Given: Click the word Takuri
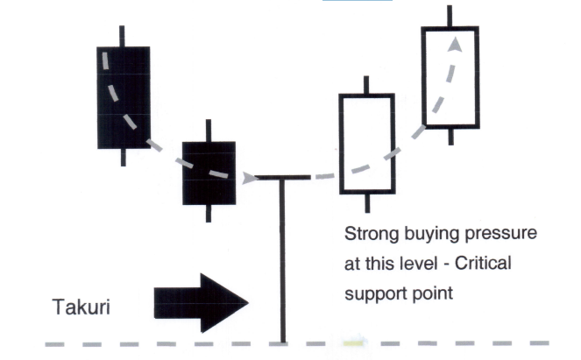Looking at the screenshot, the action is pyautogui.click(x=81, y=307).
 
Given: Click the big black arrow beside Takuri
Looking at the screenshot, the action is pyautogui.click(x=201, y=303).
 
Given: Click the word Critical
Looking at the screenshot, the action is pyautogui.click(x=483, y=264).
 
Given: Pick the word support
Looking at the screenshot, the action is pyautogui.click(x=375, y=294).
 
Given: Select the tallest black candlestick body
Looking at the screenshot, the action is pyautogui.click(x=124, y=98).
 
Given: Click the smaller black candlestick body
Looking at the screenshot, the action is pyautogui.click(x=209, y=173).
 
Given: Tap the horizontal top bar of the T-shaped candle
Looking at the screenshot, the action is pyautogui.click(x=283, y=178).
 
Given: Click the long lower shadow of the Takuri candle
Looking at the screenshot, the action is pyautogui.click(x=283, y=261).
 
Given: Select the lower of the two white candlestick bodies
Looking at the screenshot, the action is pyautogui.click(x=367, y=144).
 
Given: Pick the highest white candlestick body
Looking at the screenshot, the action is pyautogui.click(x=450, y=77).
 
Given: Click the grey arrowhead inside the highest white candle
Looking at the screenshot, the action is pyautogui.click(x=456, y=46).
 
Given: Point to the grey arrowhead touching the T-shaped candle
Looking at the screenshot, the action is pyautogui.click(x=250, y=178).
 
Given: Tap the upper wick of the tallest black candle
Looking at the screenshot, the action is pyautogui.click(x=122, y=36).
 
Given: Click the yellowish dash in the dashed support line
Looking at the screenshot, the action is pyautogui.click(x=353, y=343).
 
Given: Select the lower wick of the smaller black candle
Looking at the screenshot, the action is pyautogui.click(x=209, y=214).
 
